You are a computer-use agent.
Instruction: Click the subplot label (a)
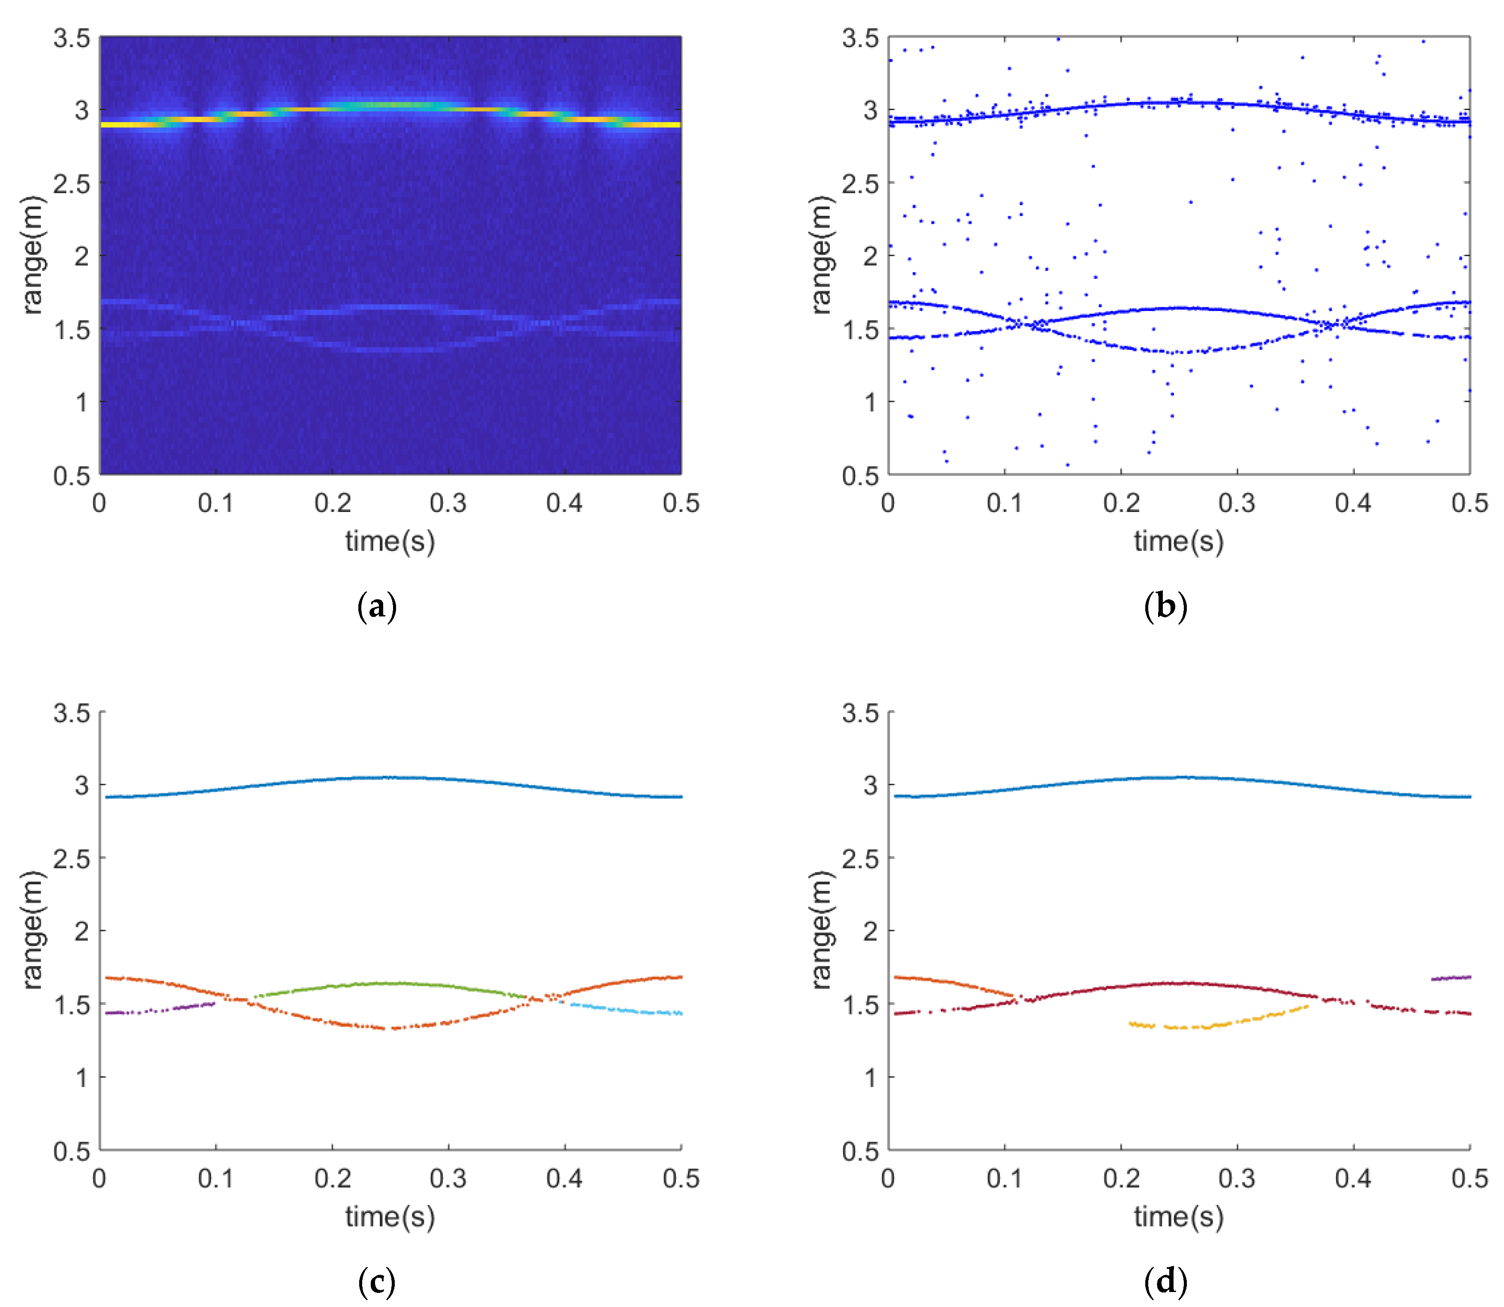377,607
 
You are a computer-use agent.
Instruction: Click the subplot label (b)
1165,607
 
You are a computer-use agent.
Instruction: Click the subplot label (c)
377,1281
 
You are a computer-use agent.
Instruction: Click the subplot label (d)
1165,1281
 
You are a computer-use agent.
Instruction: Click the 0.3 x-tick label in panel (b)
1237,503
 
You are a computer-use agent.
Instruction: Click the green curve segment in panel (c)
394,984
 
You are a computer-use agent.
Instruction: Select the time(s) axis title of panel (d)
1179,1217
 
